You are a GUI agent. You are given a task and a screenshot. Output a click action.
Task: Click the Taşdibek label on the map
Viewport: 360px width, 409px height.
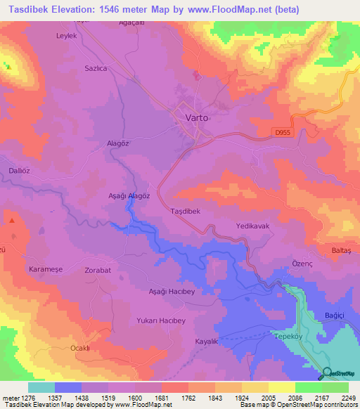[186, 211]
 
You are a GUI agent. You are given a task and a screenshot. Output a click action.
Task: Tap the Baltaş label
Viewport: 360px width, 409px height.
[345, 251]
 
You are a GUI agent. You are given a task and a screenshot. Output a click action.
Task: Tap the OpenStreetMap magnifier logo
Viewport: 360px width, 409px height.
[326, 375]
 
